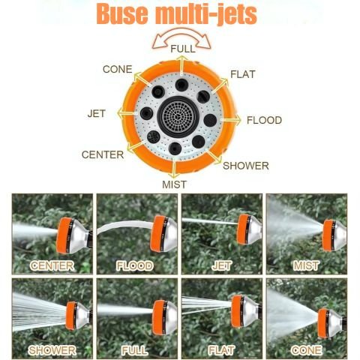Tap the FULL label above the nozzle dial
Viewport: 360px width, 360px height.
click(183, 49)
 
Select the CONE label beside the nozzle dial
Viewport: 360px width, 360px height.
click(117, 69)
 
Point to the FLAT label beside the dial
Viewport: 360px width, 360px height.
click(243, 74)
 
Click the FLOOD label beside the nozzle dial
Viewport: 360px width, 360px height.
click(264, 120)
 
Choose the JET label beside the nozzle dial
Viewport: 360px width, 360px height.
click(97, 114)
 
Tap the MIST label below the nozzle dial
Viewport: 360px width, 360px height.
click(174, 184)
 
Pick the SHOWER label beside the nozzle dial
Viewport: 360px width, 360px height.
click(246, 166)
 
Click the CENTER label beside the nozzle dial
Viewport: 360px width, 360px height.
click(103, 154)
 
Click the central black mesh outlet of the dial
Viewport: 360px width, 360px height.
click(178, 117)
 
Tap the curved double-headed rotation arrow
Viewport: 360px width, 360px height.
click(181, 37)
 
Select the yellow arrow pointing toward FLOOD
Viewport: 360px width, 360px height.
click(230, 120)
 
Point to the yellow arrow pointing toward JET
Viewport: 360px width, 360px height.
click(127, 113)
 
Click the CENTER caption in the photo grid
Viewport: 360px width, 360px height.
click(52, 265)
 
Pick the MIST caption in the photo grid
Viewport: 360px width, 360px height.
click(306, 265)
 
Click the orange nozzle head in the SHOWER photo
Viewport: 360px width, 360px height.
click(71, 316)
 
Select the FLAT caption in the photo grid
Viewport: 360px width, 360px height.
click(221, 350)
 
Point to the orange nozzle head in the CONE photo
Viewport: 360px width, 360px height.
click(323, 323)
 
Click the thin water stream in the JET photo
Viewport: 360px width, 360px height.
click(209, 221)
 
